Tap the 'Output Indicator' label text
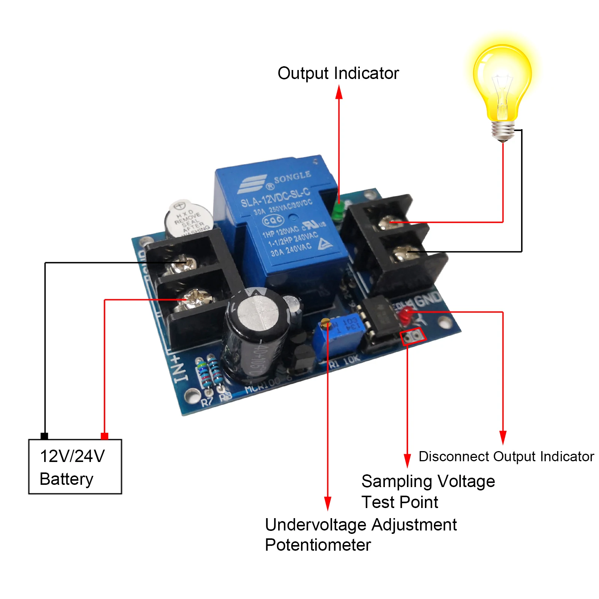pos(338,73)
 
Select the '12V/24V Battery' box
pos(75,466)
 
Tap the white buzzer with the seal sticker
pos(188,219)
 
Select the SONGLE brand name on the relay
pos(292,177)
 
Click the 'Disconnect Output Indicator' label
pos(506,456)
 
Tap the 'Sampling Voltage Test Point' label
pos(428,491)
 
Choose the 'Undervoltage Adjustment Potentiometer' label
pos(360,535)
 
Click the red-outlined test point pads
pos(413,336)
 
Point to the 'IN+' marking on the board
pos(180,369)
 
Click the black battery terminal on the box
pos(44,436)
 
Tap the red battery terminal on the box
pos(104,436)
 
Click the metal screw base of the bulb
pos(502,131)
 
